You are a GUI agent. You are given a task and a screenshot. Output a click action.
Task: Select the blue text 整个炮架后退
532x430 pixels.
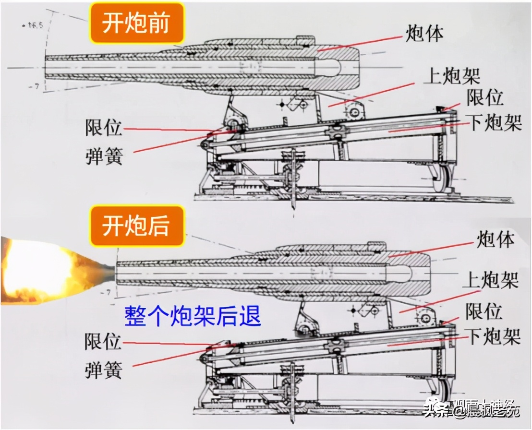pyautogui.click(x=193, y=316)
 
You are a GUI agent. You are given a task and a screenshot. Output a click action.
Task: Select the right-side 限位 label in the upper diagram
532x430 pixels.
pyautogui.click(x=485, y=97)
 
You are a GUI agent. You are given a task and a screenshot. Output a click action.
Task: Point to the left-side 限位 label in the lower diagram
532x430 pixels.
pyautogui.click(x=104, y=342)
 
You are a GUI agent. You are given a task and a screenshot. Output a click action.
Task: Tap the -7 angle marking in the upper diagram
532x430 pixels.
pyautogui.click(x=32, y=86)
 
